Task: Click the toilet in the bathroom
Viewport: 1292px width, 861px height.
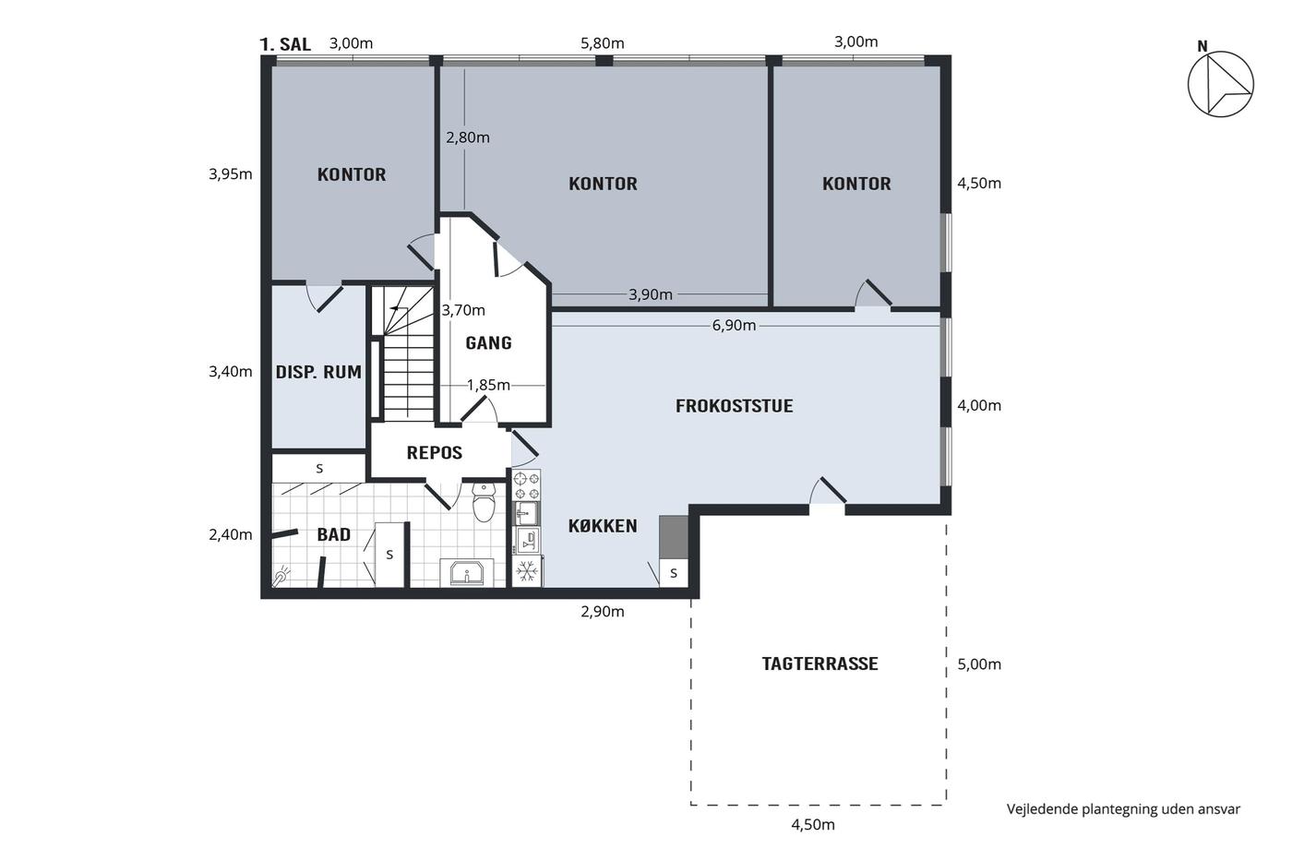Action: click(x=484, y=502)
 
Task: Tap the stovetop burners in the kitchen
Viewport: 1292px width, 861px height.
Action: click(x=527, y=485)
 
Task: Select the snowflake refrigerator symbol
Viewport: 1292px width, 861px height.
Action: click(x=527, y=571)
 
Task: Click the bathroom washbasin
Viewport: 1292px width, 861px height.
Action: click(x=467, y=572)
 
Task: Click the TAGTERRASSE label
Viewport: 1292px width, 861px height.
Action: click(x=819, y=664)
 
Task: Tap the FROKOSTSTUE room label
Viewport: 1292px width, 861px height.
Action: click(x=735, y=406)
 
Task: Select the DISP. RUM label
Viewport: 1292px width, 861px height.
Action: click(x=318, y=372)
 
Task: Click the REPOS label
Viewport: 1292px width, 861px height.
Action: click(x=435, y=453)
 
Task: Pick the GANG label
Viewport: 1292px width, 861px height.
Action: click(x=488, y=343)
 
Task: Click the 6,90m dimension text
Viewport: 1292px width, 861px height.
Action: click(x=734, y=325)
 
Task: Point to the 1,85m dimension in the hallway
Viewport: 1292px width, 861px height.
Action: click(x=488, y=385)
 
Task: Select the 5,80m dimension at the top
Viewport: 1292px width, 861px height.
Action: click(x=602, y=43)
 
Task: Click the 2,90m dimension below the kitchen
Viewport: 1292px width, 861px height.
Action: click(x=602, y=611)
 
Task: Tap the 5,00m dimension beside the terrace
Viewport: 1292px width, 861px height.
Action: click(x=979, y=664)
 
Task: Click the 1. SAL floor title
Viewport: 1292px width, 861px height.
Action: click(x=285, y=44)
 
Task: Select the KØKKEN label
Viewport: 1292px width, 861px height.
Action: click(x=603, y=526)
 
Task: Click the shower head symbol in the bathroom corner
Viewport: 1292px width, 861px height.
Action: click(x=281, y=577)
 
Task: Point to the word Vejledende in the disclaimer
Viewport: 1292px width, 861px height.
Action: click(x=1042, y=809)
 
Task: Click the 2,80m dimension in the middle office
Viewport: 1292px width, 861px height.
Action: click(x=468, y=138)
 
